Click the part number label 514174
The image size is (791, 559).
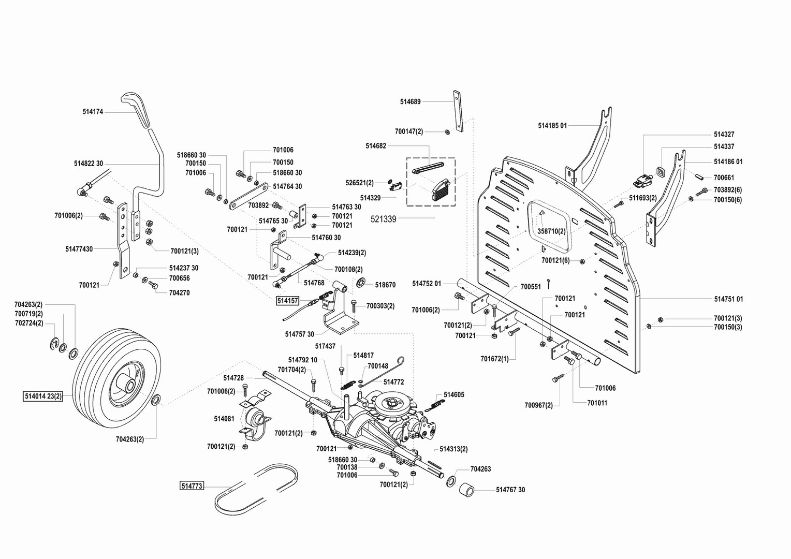pos(93,111)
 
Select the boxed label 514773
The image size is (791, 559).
pos(192,486)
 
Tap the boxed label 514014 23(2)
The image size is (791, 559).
pos(43,396)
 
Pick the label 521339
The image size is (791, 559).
pos(384,219)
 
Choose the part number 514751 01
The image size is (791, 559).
pos(728,299)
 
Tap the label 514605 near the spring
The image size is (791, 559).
pos(454,394)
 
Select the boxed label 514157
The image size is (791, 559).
pos(287,300)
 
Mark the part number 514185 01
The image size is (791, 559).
pos(552,125)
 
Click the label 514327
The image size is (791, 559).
pos(724,134)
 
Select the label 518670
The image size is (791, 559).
pos(385,285)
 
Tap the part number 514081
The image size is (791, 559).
pos(224,418)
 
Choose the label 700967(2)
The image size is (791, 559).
pos(538,405)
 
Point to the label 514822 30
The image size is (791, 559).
pos(89,164)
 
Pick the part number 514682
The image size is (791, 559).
pos(376,146)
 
